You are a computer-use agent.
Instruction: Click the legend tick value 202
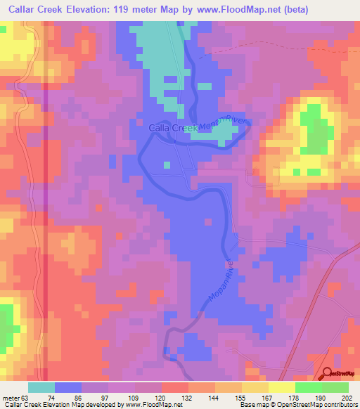[x=345, y=397]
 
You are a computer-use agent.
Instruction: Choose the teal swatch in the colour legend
[x=41, y=387]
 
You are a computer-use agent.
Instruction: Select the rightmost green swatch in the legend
[x=335, y=387]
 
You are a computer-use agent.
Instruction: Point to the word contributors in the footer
[x=335, y=405]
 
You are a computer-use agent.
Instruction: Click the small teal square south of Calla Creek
[x=167, y=165]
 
